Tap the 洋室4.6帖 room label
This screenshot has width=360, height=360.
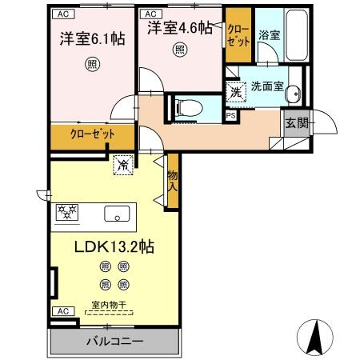click(180, 29)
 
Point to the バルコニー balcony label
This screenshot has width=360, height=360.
click(115, 341)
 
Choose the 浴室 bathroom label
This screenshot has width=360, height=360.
click(270, 36)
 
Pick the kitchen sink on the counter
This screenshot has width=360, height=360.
click(118, 214)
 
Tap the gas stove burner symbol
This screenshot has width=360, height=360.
click(66, 213)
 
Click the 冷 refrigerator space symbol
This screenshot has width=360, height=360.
click(123, 166)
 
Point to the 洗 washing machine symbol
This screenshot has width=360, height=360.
click(235, 91)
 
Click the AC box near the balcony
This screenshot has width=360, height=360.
click(61, 310)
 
